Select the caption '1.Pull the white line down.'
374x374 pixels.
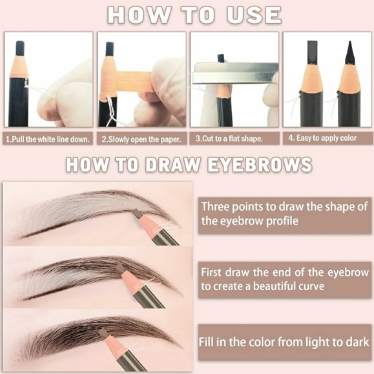(x=48, y=139)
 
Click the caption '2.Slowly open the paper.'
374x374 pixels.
(x=141, y=139)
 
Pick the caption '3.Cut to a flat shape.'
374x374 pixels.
(x=234, y=139)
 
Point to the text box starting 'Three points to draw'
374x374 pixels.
(x=284, y=213)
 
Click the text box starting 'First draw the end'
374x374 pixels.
(x=284, y=279)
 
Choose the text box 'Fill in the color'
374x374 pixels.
(x=284, y=342)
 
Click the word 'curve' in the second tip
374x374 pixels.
(x=309, y=286)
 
